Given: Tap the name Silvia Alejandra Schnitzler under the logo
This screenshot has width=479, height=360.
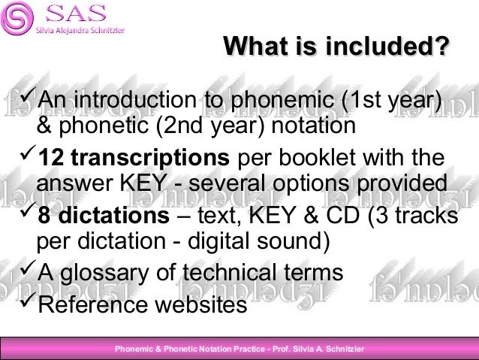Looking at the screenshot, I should coord(80,30).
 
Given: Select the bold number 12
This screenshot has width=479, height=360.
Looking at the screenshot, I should coord(50,159).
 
